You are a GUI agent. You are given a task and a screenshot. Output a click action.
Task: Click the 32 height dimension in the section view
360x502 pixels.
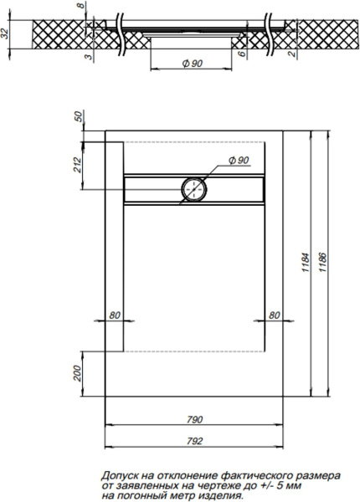click(7, 34)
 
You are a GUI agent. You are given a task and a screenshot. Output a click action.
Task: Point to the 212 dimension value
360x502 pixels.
click(77, 165)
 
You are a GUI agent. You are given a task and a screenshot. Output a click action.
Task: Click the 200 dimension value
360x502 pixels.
click(77, 370)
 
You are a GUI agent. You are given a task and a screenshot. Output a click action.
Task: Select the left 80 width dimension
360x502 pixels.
click(116, 315)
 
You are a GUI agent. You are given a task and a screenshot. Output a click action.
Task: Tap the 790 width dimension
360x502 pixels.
click(194, 419)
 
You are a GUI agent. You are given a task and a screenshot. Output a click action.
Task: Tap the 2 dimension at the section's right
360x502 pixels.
click(290, 54)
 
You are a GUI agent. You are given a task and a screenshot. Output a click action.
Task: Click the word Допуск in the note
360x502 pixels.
click(120, 474)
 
